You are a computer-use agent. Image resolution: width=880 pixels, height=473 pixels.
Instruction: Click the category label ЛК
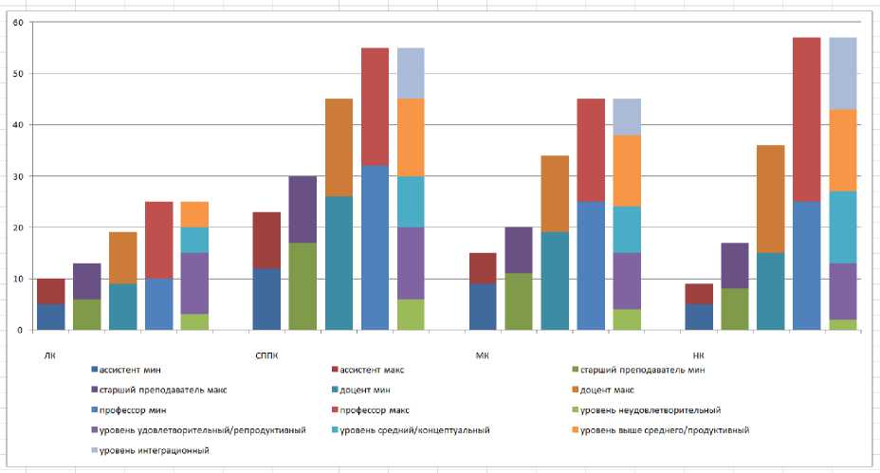(x=49, y=355)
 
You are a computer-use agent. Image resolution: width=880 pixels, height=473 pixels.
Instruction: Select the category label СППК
(x=267, y=355)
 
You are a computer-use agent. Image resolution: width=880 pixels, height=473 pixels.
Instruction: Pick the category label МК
(x=482, y=355)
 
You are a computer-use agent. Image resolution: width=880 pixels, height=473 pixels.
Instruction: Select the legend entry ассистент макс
(x=372, y=370)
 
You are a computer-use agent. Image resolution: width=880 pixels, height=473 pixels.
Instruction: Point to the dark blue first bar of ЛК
(x=51, y=317)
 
